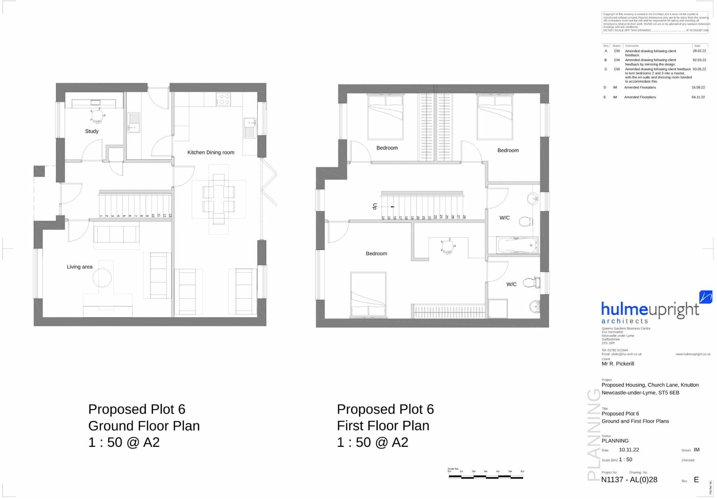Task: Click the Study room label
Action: [x=92, y=131]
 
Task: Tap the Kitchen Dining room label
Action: [x=210, y=153]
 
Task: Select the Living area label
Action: [x=79, y=267]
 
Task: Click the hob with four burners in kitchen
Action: [x=223, y=99]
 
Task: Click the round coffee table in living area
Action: [x=102, y=278]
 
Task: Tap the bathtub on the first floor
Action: [x=517, y=245]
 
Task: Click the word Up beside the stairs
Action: [x=375, y=206]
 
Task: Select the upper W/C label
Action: [x=504, y=218]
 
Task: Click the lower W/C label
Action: [x=511, y=284]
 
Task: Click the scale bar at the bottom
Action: [x=486, y=476]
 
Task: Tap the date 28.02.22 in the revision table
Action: [x=699, y=51]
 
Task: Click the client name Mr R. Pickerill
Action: [x=618, y=364]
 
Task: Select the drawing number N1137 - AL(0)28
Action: [x=629, y=480]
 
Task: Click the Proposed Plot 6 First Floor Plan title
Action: [x=385, y=426]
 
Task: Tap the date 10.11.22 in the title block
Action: [x=629, y=450]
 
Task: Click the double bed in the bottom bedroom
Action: [x=368, y=295]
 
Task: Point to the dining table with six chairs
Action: [x=218, y=199]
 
